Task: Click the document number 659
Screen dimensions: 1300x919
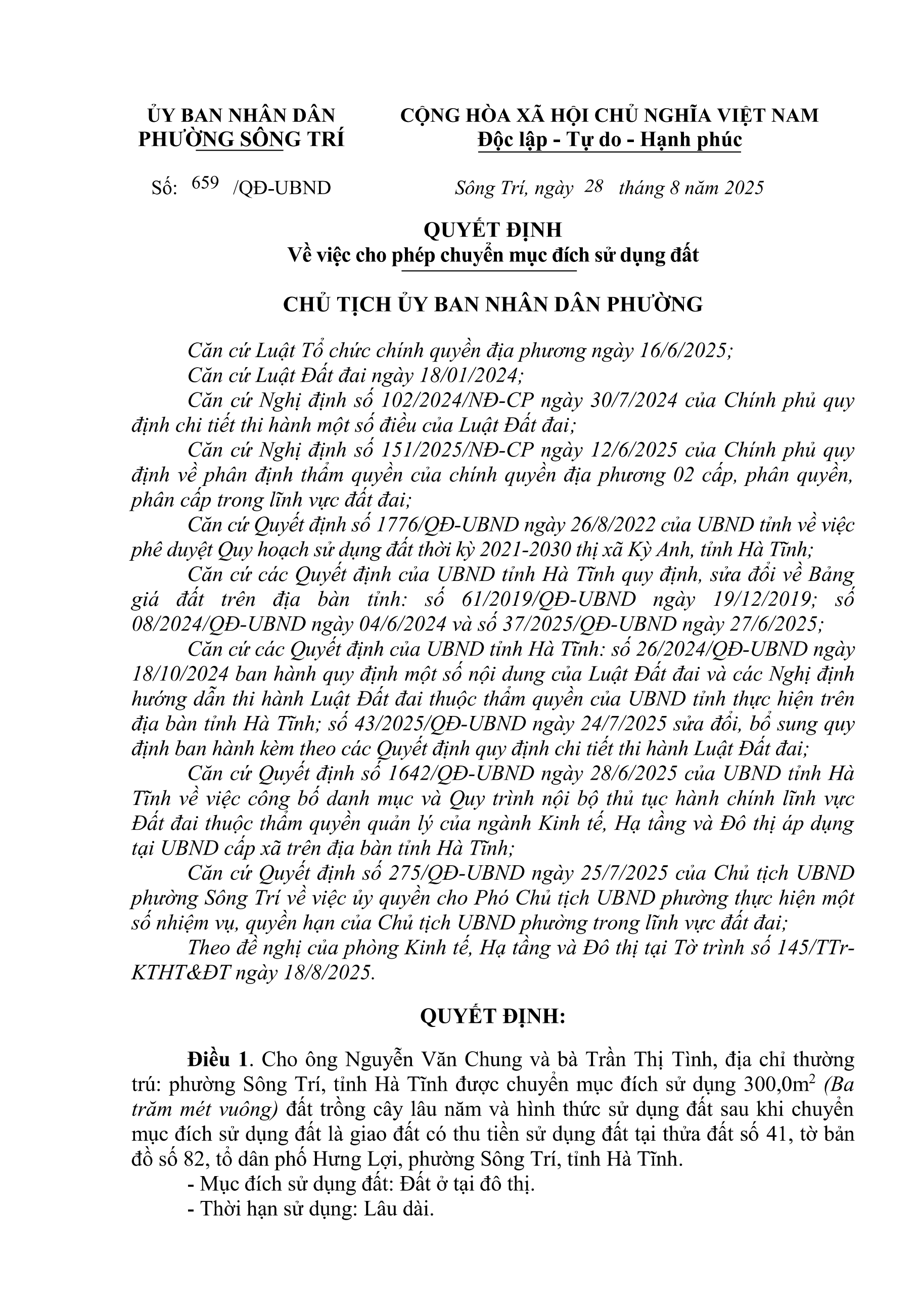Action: point(205,184)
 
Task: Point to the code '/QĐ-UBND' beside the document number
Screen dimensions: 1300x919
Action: point(282,188)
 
